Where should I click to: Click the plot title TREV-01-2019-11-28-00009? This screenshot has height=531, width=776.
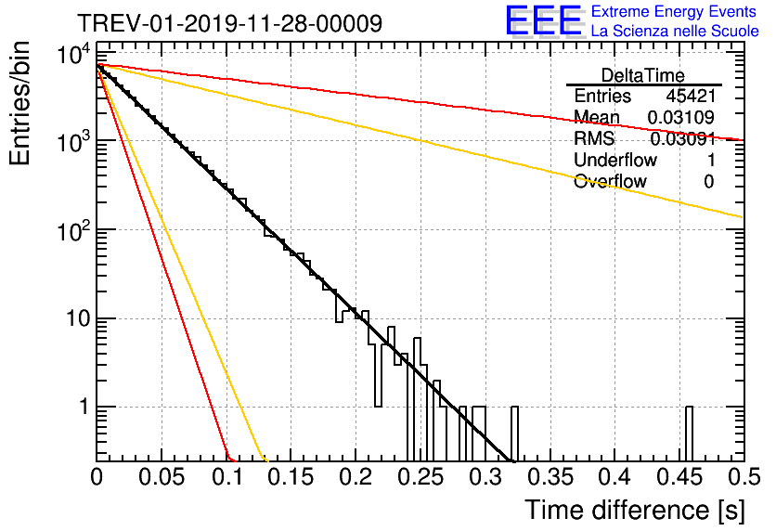(229, 23)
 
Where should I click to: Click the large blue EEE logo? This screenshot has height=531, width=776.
(544, 20)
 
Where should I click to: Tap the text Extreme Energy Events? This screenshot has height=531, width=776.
(674, 11)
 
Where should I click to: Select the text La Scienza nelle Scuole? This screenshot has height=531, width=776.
(675, 32)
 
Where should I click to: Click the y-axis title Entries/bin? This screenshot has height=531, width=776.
(19, 104)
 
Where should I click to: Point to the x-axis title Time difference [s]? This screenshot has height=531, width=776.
(635, 511)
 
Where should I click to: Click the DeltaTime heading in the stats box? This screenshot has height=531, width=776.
(642, 75)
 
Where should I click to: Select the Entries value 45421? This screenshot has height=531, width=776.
(691, 96)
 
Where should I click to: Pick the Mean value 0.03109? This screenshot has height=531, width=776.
(681, 117)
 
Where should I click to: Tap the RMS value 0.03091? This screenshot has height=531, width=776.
(682, 138)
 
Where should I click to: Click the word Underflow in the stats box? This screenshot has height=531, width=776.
(615, 160)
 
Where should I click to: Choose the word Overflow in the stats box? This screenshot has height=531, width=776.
(610, 181)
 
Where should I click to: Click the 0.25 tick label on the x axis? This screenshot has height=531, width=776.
(421, 477)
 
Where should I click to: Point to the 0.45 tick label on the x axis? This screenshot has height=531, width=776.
(680, 477)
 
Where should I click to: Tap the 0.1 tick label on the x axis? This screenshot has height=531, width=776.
(227, 477)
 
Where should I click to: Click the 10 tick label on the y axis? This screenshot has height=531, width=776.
(79, 318)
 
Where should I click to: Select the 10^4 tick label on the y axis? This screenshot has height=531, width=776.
(73, 54)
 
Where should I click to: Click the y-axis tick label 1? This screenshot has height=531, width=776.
(84, 407)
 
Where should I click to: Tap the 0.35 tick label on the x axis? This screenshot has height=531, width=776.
(550, 477)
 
